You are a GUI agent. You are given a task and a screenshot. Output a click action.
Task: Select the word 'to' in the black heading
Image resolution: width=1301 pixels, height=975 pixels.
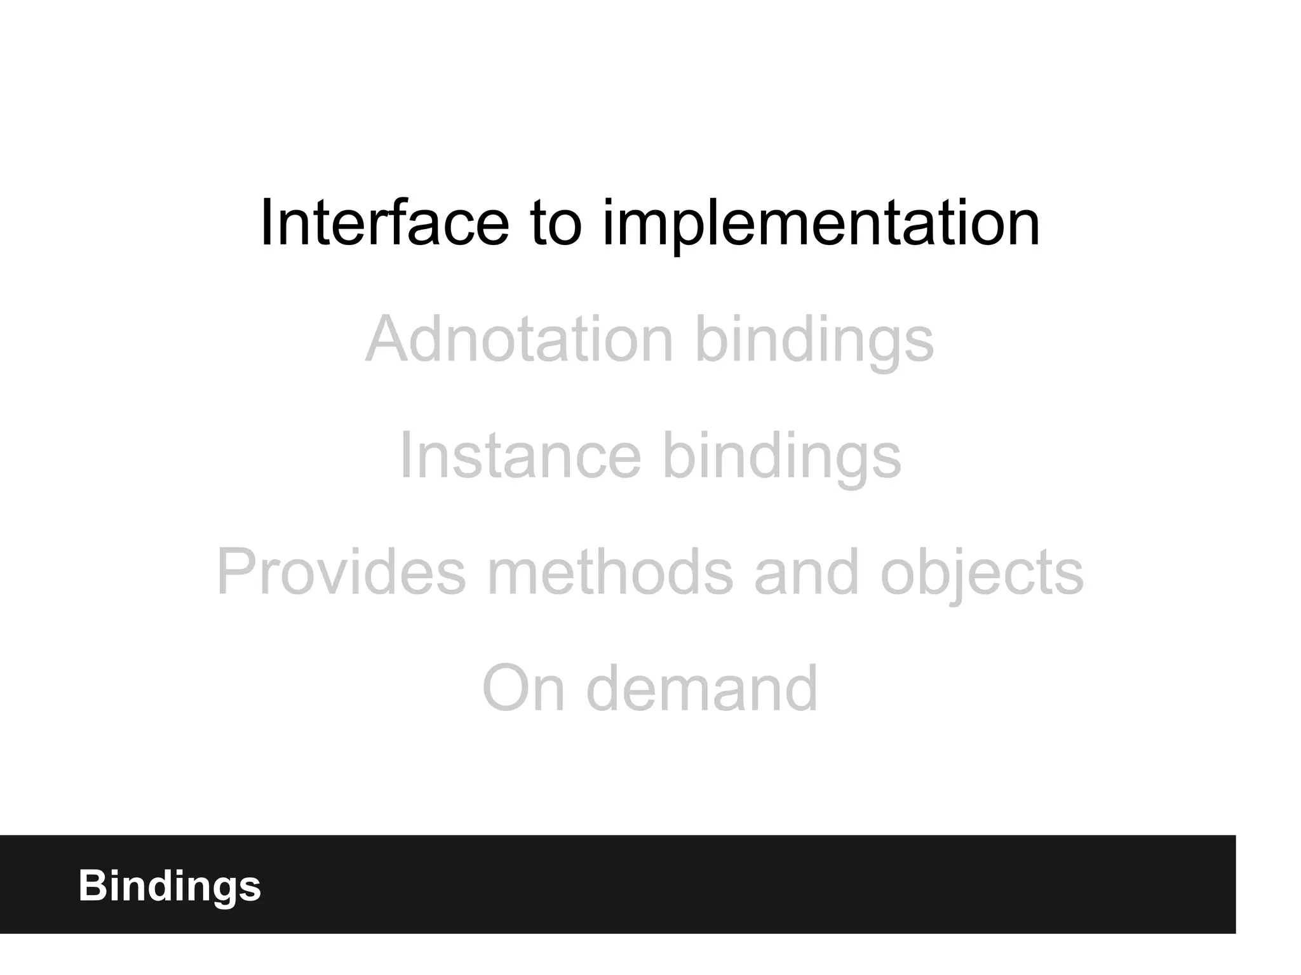click(x=556, y=223)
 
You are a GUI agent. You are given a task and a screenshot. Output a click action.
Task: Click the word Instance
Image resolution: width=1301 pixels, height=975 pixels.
click(x=520, y=455)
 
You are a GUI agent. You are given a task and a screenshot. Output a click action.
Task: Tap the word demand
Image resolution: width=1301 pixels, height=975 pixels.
click(x=701, y=688)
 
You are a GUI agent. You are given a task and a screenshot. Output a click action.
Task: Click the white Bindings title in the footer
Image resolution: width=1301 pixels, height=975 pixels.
click(x=170, y=886)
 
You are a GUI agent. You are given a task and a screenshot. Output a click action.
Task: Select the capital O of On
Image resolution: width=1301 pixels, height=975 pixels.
click(x=505, y=689)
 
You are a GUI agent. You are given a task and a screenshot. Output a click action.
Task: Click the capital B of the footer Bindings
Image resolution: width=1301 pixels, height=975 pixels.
click(x=91, y=885)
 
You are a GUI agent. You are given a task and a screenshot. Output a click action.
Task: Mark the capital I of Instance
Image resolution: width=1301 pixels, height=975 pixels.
click(x=405, y=455)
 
